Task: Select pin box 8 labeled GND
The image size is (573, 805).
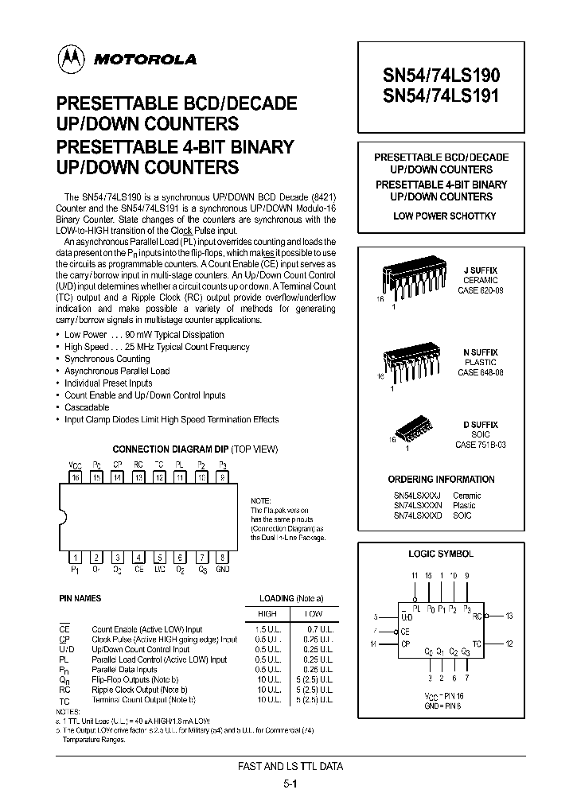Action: (223, 557)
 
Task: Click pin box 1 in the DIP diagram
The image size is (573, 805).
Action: (76, 557)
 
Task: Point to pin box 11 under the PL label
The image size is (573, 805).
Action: (181, 477)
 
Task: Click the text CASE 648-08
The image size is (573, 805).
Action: (481, 372)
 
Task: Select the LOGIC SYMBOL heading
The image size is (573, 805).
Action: (441, 554)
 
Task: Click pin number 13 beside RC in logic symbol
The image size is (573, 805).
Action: (509, 616)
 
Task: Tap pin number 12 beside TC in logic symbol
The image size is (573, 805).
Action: (509, 644)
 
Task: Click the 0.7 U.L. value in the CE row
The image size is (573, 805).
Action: (314, 628)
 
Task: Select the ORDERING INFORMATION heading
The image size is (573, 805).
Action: (441, 480)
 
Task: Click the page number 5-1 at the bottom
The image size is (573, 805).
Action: (290, 783)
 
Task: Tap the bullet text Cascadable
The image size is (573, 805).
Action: (87, 407)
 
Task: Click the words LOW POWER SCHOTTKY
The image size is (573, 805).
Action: (444, 216)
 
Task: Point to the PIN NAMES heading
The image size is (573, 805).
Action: (80, 598)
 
